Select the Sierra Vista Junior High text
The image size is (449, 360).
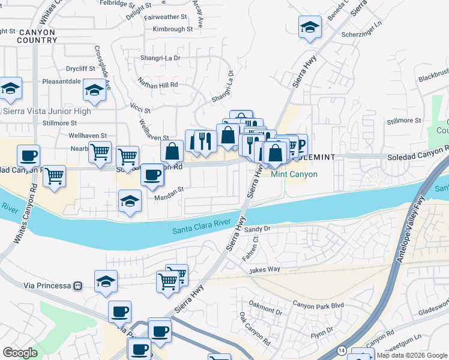click(47, 111)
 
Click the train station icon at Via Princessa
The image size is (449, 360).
click(77, 286)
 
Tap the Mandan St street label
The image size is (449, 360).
click(169, 196)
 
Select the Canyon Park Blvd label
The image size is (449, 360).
click(318, 305)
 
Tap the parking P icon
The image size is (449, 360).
click(300, 144)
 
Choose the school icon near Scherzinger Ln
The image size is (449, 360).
click(310, 27)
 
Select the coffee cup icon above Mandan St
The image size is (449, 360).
click(152, 175)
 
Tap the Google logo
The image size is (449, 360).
click(20, 353)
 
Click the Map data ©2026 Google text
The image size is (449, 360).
click(412, 355)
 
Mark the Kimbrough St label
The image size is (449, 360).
click(172, 28)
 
